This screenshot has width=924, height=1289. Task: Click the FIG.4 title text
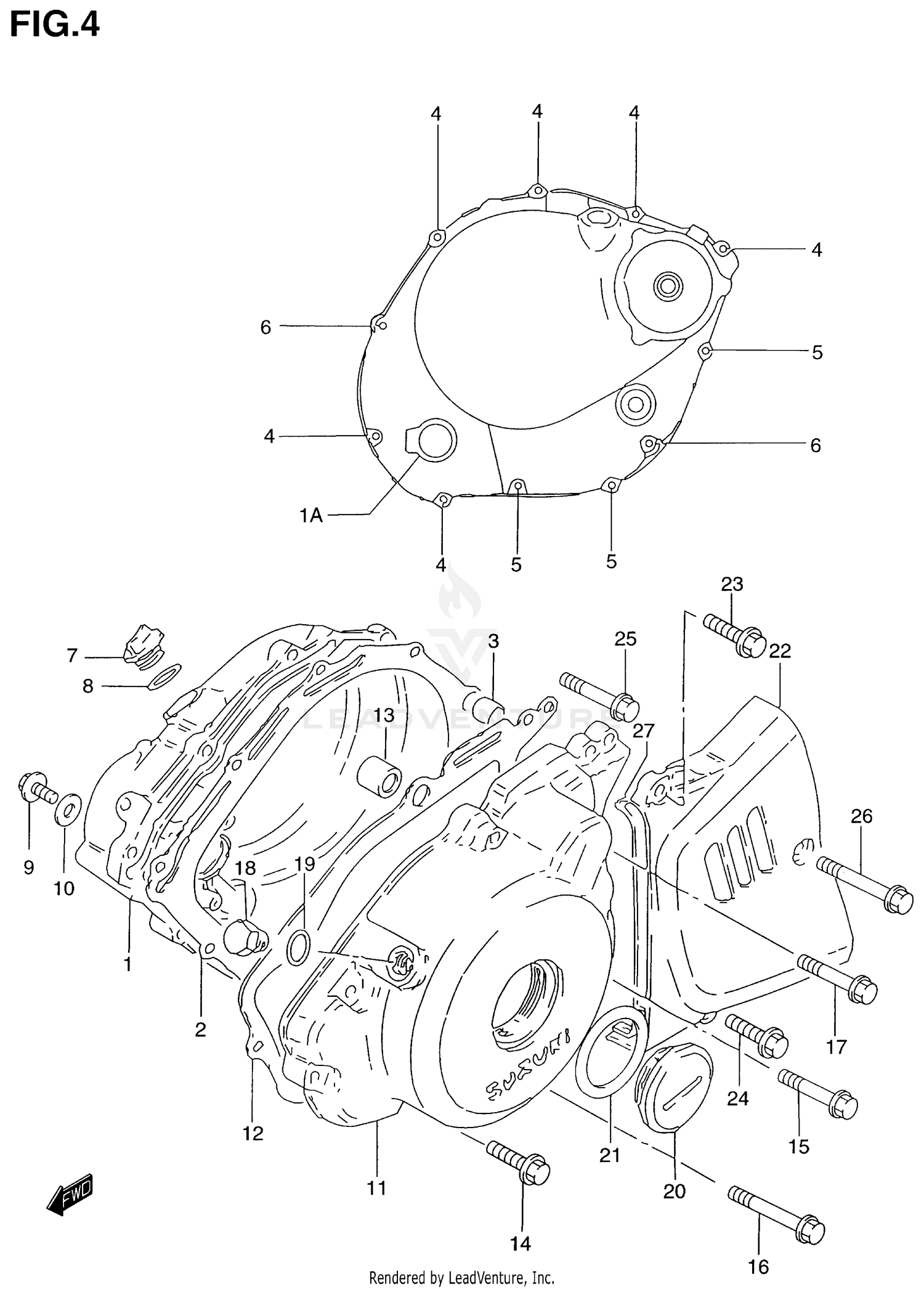[x=54, y=25]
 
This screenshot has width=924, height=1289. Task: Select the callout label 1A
[x=311, y=515]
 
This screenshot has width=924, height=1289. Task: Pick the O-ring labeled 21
[x=610, y=1057]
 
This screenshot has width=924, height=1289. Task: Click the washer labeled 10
[x=68, y=808]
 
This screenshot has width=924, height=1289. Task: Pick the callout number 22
[x=779, y=651]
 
